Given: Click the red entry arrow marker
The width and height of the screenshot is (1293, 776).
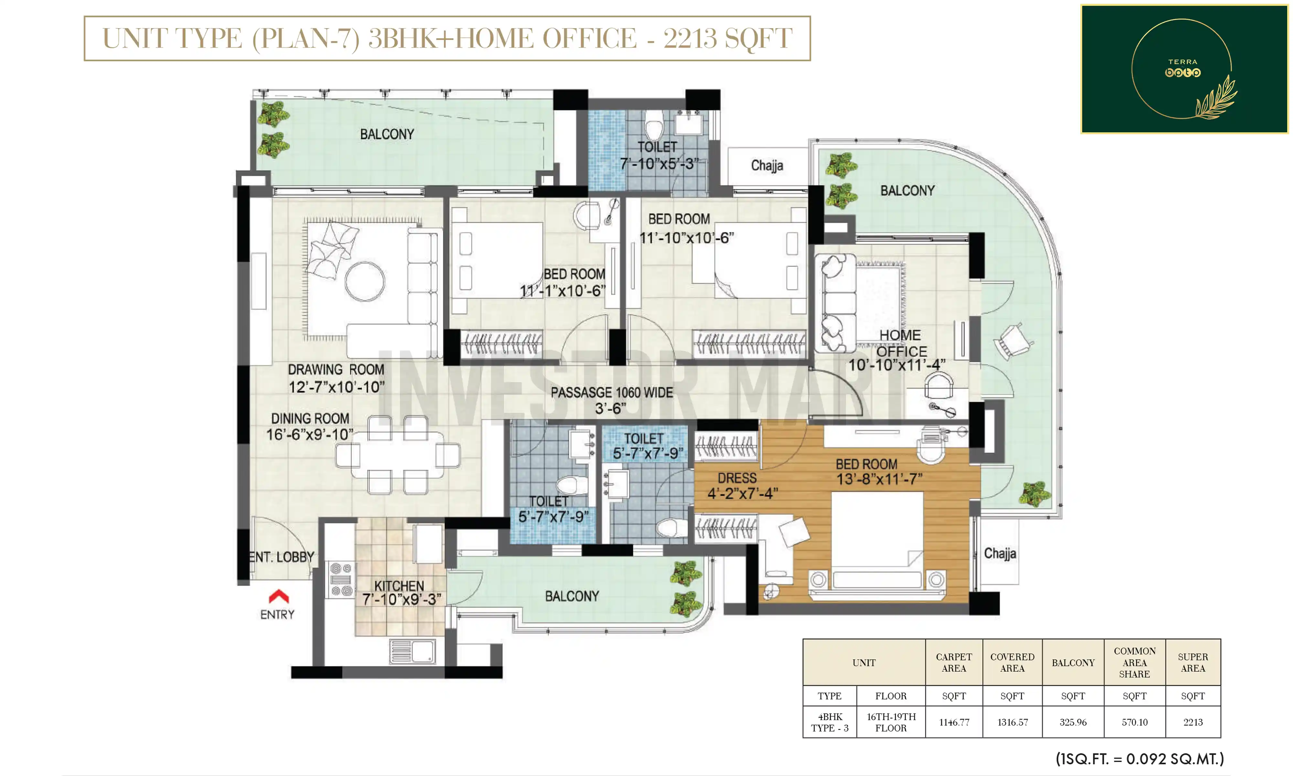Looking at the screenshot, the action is (x=279, y=597).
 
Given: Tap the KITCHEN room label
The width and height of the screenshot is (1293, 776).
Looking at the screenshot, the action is (x=399, y=586).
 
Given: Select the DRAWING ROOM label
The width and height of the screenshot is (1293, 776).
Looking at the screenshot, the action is (x=336, y=370).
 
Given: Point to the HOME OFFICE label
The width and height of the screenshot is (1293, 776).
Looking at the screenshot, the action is (x=901, y=343).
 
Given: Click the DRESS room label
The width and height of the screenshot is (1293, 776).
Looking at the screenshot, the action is (x=737, y=478).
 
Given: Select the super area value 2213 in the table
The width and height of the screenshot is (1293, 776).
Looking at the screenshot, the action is (x=1193, y=722).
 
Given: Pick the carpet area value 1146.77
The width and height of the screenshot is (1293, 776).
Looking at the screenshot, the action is (x=954, y=722).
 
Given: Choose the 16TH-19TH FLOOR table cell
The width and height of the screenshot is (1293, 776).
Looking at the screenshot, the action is (x=891, y=722).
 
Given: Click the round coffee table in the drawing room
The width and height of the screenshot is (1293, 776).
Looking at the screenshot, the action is (x=365, y=281).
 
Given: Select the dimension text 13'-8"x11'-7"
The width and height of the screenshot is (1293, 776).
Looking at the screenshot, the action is (x=880, y=479).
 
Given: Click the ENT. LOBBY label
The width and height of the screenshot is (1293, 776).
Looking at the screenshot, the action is (x=281, y=557).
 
